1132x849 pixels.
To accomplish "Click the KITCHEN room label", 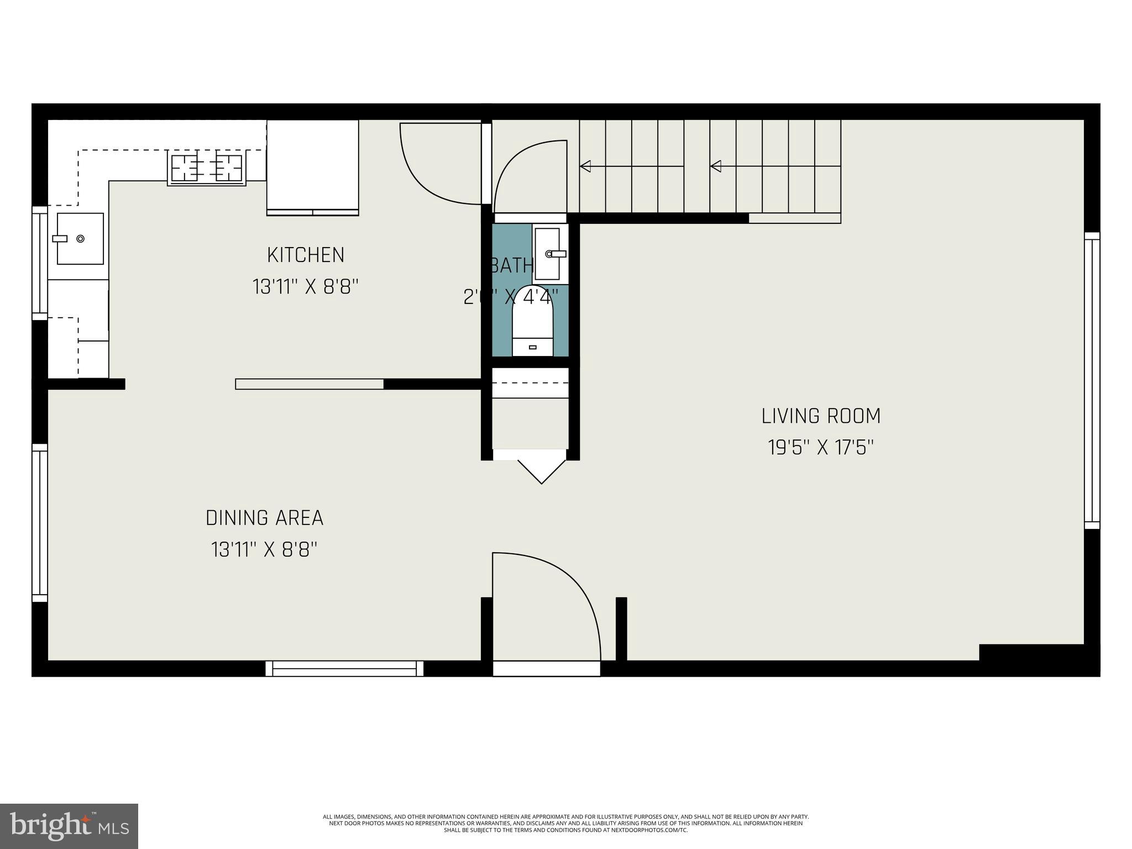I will click(306, 255).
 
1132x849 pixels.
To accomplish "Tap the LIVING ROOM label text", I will click(821, 416).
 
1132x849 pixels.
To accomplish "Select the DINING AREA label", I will click(264, 518).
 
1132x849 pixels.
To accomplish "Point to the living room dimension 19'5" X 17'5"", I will click(821, 447).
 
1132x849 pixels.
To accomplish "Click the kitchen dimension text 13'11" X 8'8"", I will click(306, 287).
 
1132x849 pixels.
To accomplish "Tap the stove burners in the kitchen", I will click(207, 168).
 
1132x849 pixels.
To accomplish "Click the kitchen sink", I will click(80, 238).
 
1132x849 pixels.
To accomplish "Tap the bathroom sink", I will click(548, 254).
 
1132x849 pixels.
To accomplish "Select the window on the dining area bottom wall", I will click(344, 668).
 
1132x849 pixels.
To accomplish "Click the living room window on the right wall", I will click(1092, 380).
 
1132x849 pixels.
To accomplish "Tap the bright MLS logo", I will click(69, 826).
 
